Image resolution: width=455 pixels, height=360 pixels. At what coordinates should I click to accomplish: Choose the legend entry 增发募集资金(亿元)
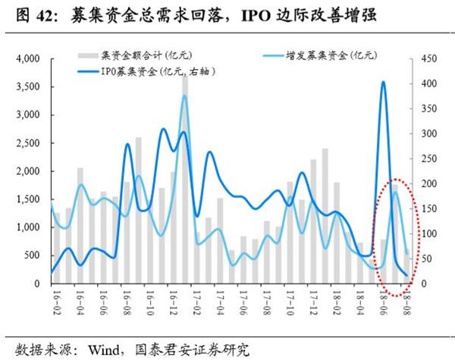pos(331,55)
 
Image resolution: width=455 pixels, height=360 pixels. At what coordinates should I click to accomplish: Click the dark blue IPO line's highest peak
pos(383,82)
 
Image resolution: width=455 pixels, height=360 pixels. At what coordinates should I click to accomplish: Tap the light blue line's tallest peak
pos(184,95)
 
